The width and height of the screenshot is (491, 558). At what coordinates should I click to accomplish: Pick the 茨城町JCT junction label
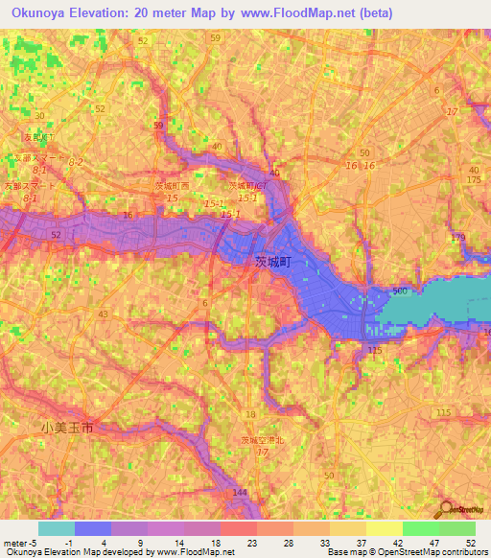pyautogui.click(x=247, y=185)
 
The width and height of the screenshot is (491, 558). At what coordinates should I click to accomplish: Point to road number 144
pyautogui.click(x=240, y=492)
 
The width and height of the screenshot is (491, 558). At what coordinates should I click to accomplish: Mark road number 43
pyautogui.click(x=103, y=314)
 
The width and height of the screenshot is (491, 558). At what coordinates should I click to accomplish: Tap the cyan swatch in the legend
pyautogui.click(x=57, y=528)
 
